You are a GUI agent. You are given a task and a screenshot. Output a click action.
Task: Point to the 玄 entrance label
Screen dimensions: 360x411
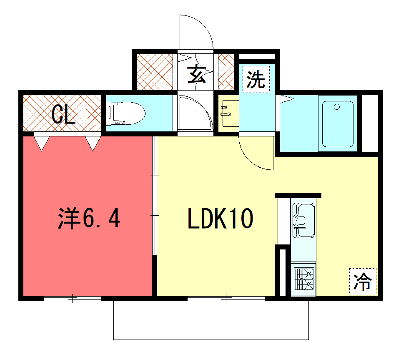pyautogui.click(x=196, y=73)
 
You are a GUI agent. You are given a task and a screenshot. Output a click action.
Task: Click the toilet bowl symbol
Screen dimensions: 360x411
pyautogui.click(x=126, y=113)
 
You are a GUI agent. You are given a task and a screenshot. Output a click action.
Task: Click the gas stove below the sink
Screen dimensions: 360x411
pyautogui.click(x=305, y=279)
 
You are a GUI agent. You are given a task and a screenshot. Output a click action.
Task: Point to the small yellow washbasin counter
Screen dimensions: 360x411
pyautogui.click(x=229, y=116)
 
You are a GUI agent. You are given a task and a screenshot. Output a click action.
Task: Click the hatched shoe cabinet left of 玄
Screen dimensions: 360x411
pyautogui.click(x=156, y=73)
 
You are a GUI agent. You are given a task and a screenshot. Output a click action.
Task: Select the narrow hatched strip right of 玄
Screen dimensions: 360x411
pyautogui.click(x=223, y=73)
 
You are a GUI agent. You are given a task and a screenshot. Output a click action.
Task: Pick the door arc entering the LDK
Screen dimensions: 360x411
pyautogui.click(x=258, y=150)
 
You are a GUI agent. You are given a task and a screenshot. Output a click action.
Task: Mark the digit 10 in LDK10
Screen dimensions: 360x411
pyautogui.click(x=246, y=217)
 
